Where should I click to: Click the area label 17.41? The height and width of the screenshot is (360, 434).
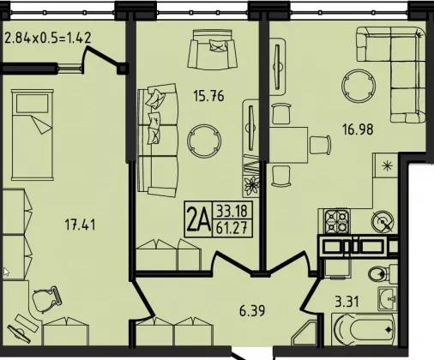(x=80, y=225)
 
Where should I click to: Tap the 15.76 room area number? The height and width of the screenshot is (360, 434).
(x=208, y=96)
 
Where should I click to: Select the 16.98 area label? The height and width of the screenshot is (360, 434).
(x=358, y=129)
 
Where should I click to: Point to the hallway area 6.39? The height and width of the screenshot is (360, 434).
(x=252, y=310)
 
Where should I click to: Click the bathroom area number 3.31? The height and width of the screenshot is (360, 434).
(x=347, y=302)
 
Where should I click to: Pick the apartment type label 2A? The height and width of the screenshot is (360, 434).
(x=198, y=219)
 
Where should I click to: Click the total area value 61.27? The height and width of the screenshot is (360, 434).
(x=232, y=229)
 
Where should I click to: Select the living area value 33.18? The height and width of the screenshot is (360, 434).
(x=232, y=211)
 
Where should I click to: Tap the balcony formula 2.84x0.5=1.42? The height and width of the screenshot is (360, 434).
(x=48, y=38)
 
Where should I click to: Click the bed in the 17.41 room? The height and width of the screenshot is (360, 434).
(x=33, y=135)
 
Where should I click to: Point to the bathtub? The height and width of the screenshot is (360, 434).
(x=365, y=329)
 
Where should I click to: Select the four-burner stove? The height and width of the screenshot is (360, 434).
(x=336, y=221)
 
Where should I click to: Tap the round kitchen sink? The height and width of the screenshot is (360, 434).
(x=383, y=221)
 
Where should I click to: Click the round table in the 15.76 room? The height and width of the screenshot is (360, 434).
(x=204, y=141)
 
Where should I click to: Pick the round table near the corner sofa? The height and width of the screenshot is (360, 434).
(x=359, y=86)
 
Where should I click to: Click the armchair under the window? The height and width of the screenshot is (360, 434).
(x=212, y=50)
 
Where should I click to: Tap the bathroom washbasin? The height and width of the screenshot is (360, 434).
(x=388, y=298)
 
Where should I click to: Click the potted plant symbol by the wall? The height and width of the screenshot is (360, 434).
(x=251, y=186)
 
